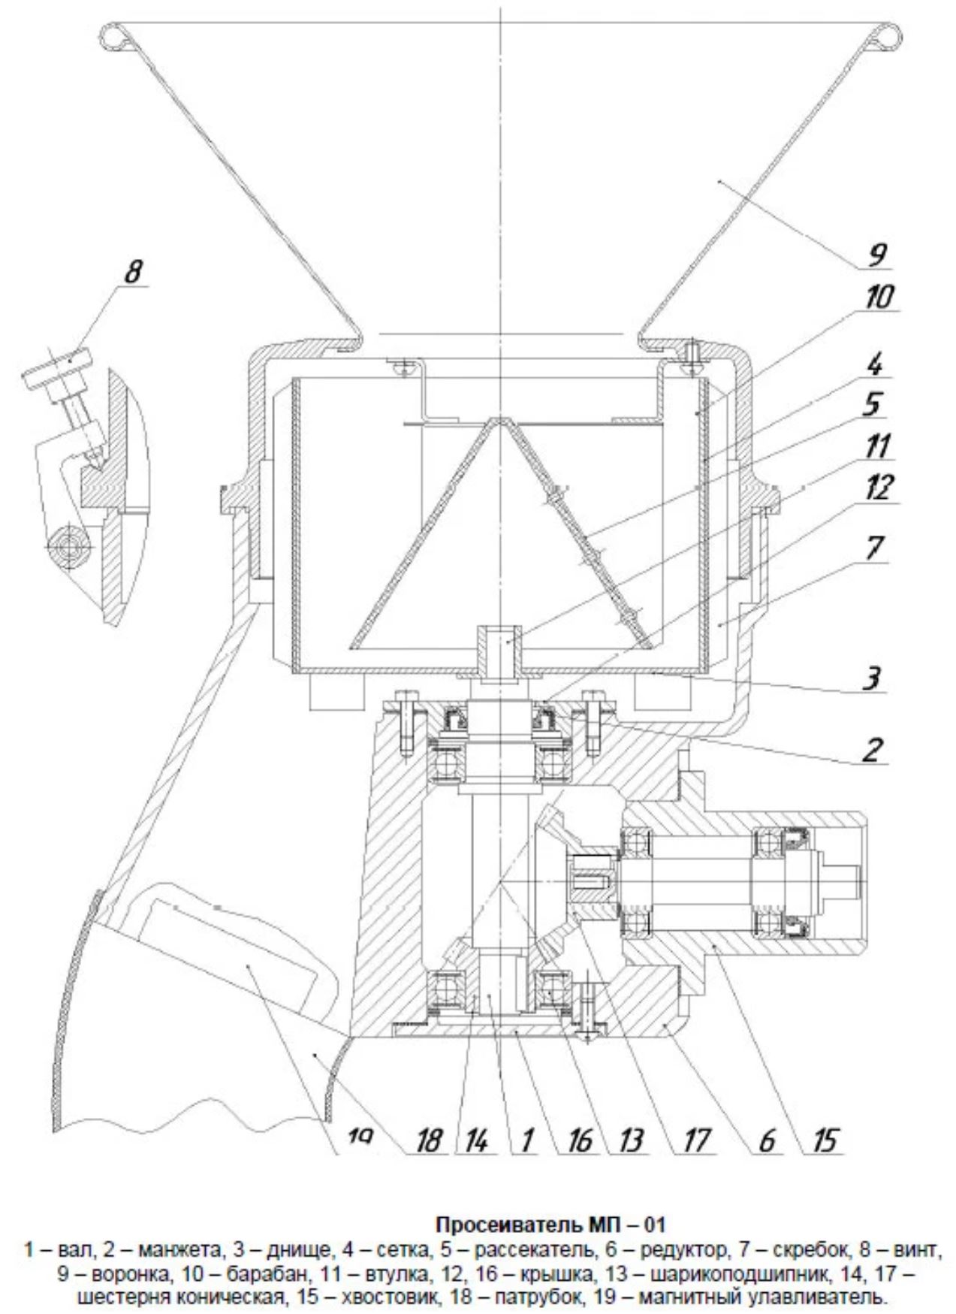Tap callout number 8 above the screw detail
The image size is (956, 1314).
pyautogui.click(x=132, y=271)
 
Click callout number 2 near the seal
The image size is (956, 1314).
pyautogui.click(x=872, y=750)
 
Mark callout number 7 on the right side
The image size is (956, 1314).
pyautogui.click(x=873, y=549)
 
